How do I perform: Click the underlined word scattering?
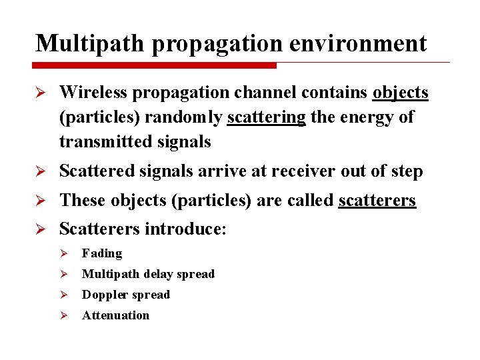tap(266, 117)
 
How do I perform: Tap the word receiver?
tap(305, 171)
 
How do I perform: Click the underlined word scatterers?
tap(377, 201)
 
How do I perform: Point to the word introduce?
tap(186, 229)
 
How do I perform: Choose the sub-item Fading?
tap(102, 253)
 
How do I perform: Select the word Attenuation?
tap(115, 315)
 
